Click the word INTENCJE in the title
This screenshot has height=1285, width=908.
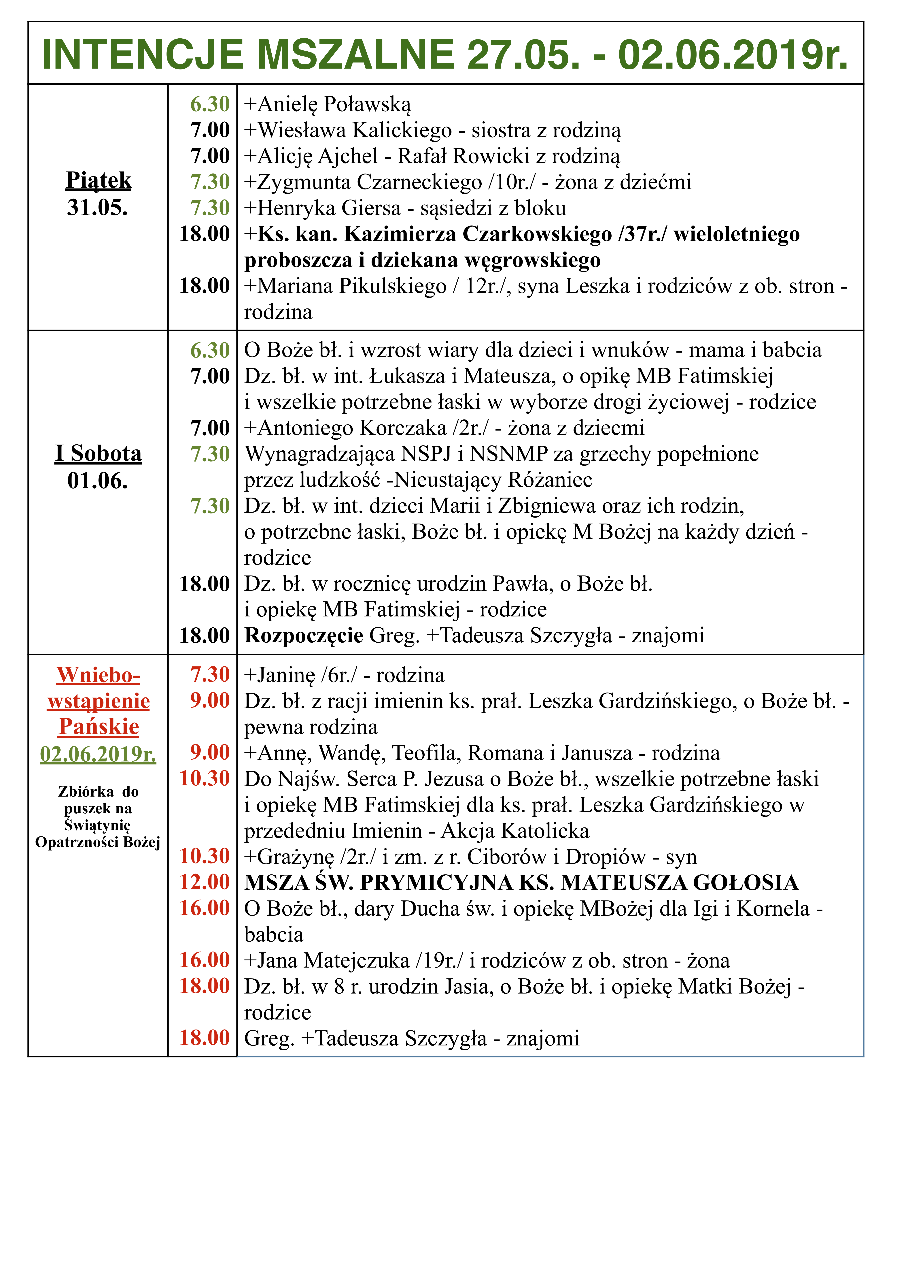pos(143,55)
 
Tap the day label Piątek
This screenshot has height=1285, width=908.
pos(99,180)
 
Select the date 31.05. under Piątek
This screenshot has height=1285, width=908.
pos(97,208)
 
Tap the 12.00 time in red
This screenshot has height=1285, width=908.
pos(205,882)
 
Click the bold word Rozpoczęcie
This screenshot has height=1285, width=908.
pos(304,636)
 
